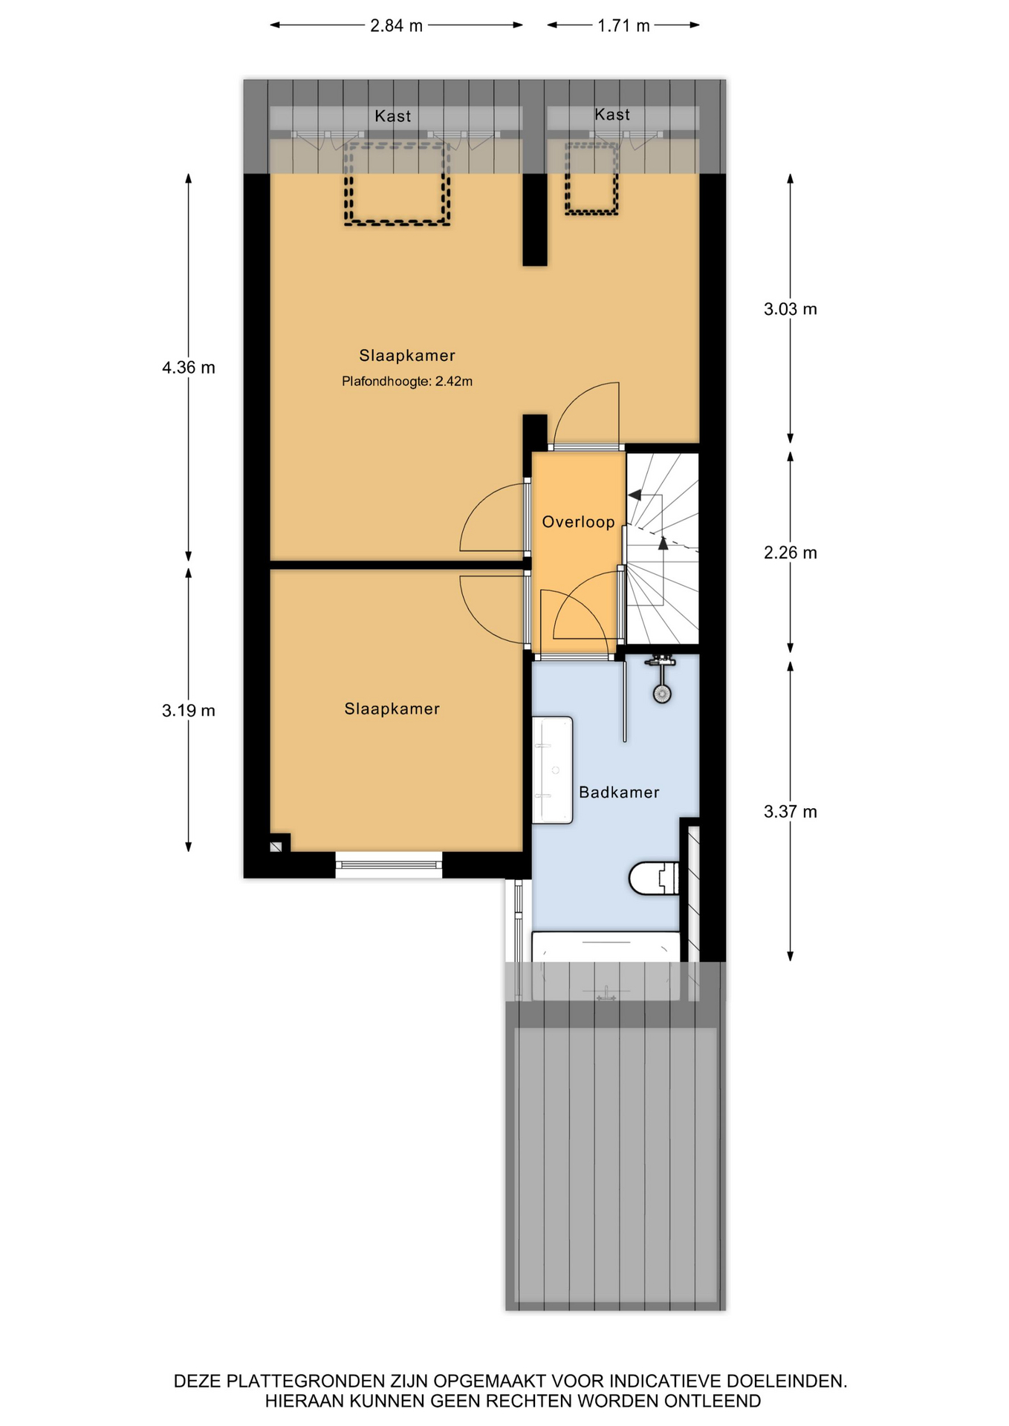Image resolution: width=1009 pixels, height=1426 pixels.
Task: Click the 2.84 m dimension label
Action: [x=396, y=26]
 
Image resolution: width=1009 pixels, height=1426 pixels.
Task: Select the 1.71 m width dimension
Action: [x=623, y=26]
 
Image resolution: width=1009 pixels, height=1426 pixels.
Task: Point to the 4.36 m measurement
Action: [x=189, y=368]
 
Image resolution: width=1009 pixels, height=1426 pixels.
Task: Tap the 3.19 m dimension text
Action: [x=189, y=711]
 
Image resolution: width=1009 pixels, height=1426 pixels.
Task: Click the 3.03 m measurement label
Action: [x=791, y=309]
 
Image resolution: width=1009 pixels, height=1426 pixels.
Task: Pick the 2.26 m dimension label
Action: [x=791, y=553]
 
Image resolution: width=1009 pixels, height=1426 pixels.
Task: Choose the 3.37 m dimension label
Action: [x=791, y=812]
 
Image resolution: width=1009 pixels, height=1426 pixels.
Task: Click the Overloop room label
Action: [x=578, y=522]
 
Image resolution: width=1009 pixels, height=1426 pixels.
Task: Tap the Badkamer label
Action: [x=619, y=792]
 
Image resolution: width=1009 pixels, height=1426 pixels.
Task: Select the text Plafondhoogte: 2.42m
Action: [x=407, y=382]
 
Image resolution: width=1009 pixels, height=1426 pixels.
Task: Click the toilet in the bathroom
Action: [x=654, y=878]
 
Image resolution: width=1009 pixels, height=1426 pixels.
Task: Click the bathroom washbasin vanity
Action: [x=552, y=770]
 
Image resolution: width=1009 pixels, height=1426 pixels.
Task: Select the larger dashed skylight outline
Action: [x=397, y=183]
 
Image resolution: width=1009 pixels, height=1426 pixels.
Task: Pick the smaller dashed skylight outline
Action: [x=591, y=178]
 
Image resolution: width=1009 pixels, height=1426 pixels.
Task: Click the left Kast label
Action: [x=392, y=117]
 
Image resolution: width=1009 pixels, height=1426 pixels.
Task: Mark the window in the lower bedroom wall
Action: [x=389, y=865]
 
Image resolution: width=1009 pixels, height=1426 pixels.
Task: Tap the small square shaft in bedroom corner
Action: [x=276, y=846]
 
